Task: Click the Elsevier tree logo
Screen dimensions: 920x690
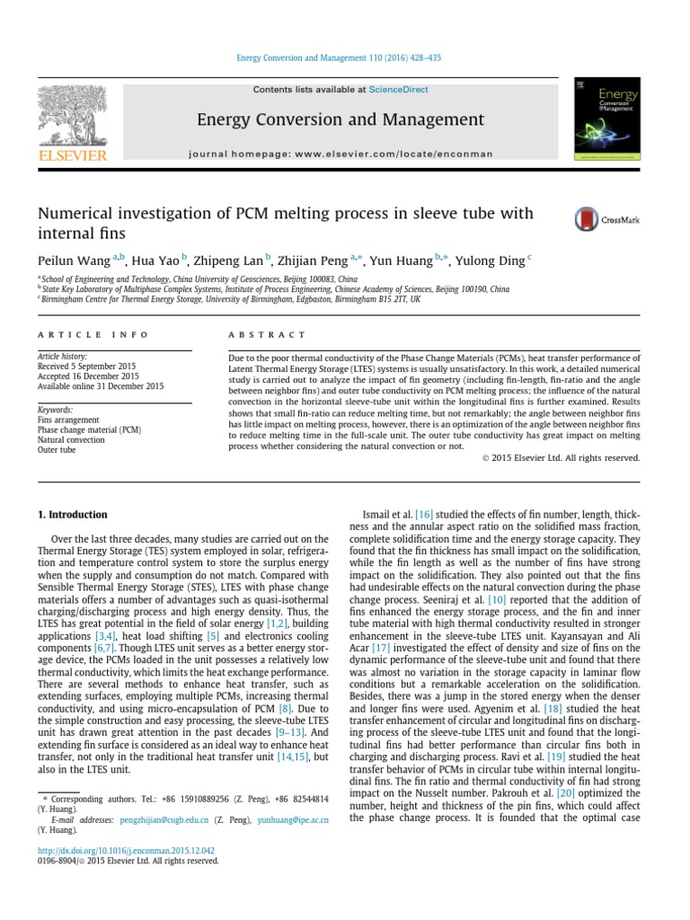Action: click(71, 115)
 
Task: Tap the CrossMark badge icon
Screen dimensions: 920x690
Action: click(587, 218)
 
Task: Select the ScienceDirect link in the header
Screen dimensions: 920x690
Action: click(394, 90)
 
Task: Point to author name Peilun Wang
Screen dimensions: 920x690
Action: click(75, 261)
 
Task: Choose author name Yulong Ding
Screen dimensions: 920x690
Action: click(498, 261)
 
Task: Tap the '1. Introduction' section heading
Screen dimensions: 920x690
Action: click(72, 515)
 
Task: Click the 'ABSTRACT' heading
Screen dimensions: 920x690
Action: click(267, 334)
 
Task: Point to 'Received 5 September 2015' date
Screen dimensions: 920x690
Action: click(88, 367)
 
